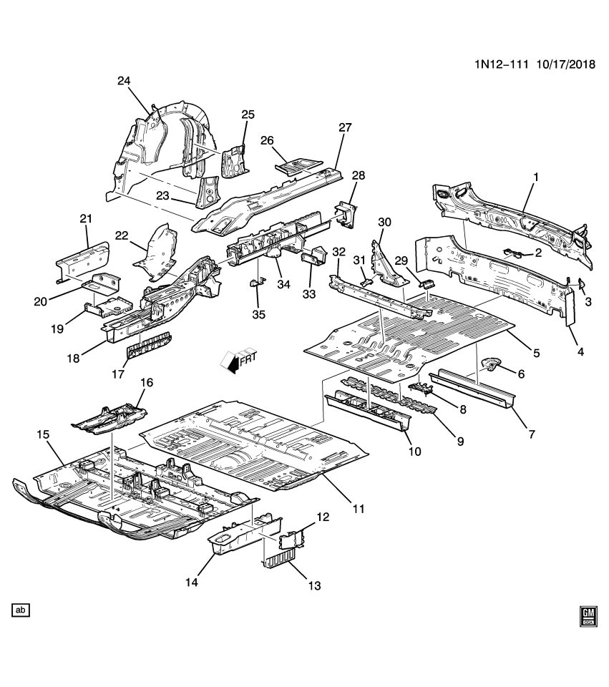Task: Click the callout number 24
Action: pyautogui.click(x=124, y=81)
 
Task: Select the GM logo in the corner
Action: pyautogui.click(x=588, y=616)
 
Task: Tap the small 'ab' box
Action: pyautogui.click(x=21, y=610)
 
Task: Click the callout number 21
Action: pyautogui.click(x=86, y=218)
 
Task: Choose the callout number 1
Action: pyautogui.click(x=535, y=176)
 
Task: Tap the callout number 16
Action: pyautogui.click(x=146, y=383)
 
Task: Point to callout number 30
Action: pyautogui.click(x=384, y=222)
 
